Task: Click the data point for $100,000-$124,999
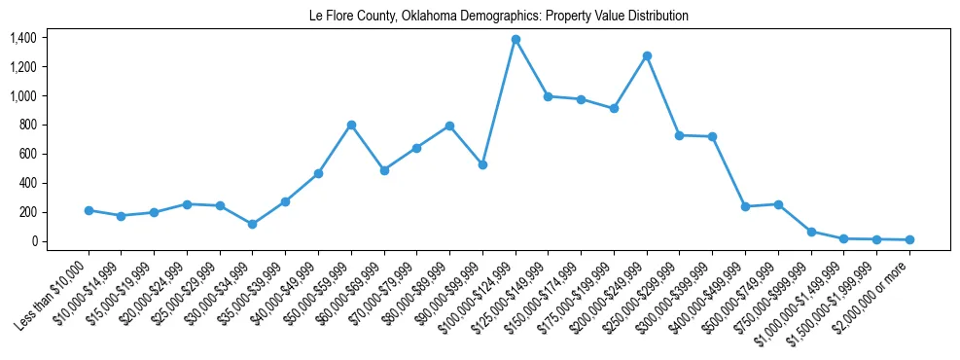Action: coord(516,40)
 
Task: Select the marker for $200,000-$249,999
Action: coord(647,55)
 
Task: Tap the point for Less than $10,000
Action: coord(89,210)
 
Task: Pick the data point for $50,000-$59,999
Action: coord(351,125)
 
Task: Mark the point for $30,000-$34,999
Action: coord(253,224)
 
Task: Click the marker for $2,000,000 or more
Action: coord(909,239)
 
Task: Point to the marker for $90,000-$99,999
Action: coord(482,164)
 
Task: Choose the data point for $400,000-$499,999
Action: coord(745,206)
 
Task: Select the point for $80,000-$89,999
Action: coord(449,126)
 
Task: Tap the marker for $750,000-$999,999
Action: coord(811,232)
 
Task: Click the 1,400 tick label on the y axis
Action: coord(22,38)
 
